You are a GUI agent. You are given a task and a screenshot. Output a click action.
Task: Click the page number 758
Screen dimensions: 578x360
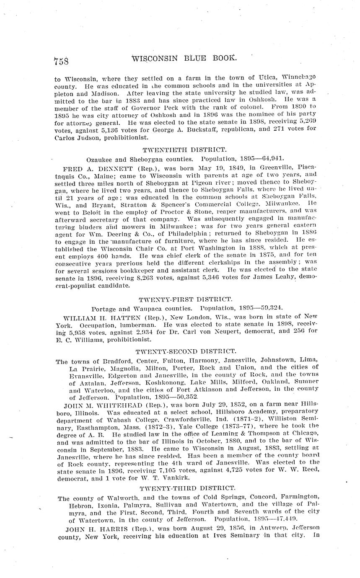click(61, 61)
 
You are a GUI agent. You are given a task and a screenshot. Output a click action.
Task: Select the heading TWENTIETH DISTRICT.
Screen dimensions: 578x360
click(185, 150)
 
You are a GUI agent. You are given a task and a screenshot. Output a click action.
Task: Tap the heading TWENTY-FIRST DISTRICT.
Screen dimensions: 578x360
click(185, 299)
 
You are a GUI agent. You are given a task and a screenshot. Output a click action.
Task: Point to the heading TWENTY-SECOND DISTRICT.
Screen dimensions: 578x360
click(186, 351)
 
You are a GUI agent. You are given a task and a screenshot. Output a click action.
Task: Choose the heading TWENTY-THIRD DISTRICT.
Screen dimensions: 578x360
click(187, 488)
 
